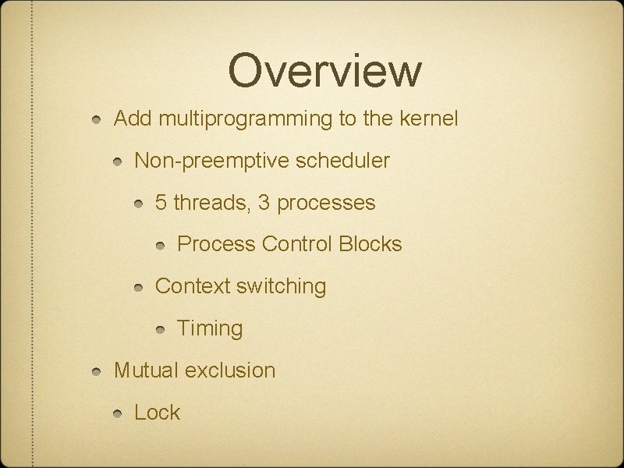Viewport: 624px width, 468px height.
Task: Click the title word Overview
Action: [324, 70]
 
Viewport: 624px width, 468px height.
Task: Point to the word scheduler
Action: [342, 161]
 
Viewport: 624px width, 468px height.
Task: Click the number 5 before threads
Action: [161, 204]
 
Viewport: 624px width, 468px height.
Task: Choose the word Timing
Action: [210, 328]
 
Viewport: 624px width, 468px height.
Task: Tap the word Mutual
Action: [146, 370]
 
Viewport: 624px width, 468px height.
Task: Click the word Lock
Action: [157, 412]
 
